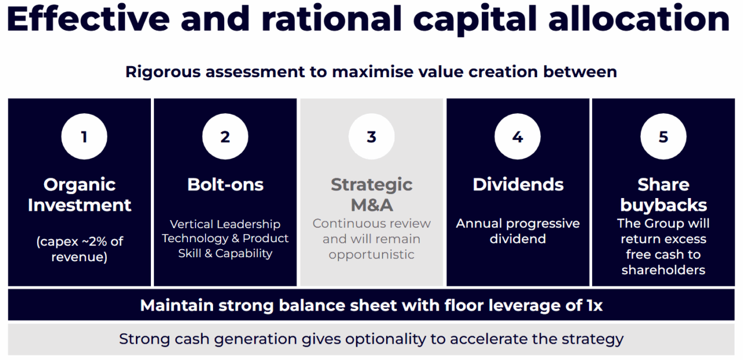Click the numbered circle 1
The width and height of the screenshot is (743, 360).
click(x=84, y=136)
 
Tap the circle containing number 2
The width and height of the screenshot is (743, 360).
click(x=225, y=136)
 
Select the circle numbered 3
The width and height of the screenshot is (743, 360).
click(x=371, y=136)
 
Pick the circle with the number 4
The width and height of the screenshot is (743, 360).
click(x=517, y=136)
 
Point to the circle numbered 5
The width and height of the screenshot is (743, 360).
click(x=663, y=136)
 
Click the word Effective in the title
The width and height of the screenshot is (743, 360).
click(x=88, y=19)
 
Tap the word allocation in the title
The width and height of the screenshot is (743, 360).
click(x=639, y=19)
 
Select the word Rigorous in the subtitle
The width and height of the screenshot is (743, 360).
click(x=163, y=73)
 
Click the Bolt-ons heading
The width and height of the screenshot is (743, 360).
click(x=226, y=185)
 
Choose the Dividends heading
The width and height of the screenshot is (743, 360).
click(x=518, y=185)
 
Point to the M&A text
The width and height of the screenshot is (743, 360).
click(x=372, y=205)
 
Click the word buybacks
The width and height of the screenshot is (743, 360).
click(x=663, y=205)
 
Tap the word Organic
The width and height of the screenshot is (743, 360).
click(x=80, y=185)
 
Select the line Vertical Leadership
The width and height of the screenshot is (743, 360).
click(x=225, y=224)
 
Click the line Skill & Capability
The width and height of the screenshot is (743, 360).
click(x=225, y=254)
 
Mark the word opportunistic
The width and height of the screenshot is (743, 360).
click(x=371, y=255)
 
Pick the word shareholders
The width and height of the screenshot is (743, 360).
click(x=663, y=270)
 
